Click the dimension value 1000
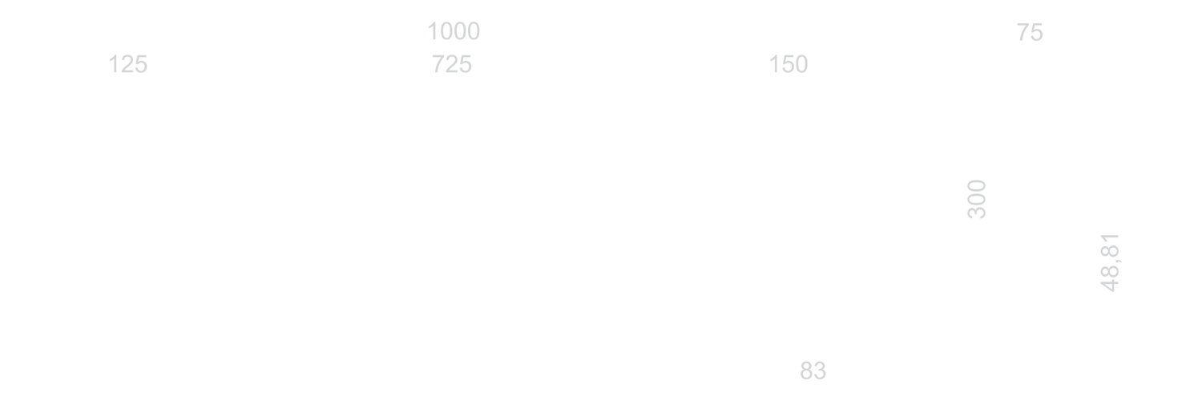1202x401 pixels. [454, 31]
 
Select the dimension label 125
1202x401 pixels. [127, 64]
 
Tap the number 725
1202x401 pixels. [452, 64]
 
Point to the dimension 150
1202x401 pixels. [789, 64]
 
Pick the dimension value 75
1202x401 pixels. [1030, 33]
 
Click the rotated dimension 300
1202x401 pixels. [977, 199]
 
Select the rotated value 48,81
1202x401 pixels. [1110, 262]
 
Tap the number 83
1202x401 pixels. [813, 371]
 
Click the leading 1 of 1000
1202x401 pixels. [433, 31]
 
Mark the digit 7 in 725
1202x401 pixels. [438, 64]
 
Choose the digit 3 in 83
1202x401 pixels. [820, 371]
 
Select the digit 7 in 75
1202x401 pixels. [1023, 33]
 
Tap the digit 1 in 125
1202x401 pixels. [113, 64]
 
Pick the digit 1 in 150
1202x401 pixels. [774, 64]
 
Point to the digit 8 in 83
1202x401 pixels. [806, 371]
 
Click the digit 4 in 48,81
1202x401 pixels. [1110, 286]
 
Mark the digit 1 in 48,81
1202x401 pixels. [1110, 238]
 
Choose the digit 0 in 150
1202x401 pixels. [801, 64]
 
